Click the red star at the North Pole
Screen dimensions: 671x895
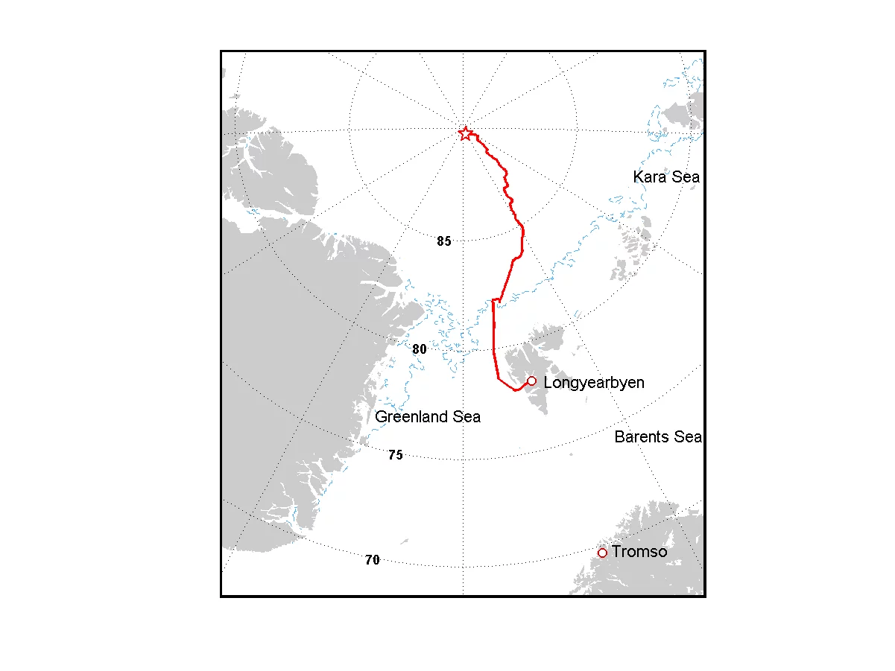coord(465,134)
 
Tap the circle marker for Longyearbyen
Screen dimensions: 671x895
coord(531,381)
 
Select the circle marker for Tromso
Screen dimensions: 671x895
coord(602,553)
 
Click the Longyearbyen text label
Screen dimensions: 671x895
coord(594,383)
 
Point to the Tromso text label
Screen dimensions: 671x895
coord(639,552)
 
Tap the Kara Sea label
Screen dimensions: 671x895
coord(666,177)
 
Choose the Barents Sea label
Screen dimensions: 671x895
coord(658,437)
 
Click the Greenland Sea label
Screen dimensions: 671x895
coord(428,417)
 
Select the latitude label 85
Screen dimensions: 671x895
coord(444,241)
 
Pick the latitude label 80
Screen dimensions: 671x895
coord(420,349)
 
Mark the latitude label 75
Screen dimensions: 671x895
coord(396,455)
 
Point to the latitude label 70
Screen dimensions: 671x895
coord(373,560)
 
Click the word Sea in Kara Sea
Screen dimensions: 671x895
coord(686,177)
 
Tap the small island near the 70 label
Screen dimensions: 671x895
coord(404,541)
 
